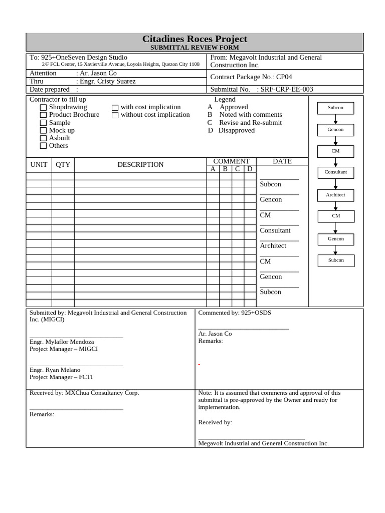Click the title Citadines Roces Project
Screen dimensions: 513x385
[195, 39]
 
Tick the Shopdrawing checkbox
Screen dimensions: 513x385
[44, 107]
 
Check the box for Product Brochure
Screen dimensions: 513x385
[44, 115]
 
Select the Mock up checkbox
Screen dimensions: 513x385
[44, 131]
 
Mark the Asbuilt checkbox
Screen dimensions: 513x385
[44, 138]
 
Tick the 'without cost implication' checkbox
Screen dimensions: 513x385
[115, 115]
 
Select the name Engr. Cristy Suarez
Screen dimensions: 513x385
[108, 81]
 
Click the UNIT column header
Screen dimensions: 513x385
[39, 165]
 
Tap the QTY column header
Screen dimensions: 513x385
[63, 165]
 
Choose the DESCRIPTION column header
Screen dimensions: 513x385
[140, 165]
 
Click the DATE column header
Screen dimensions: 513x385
[282, 161]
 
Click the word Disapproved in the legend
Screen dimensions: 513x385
[237, 130]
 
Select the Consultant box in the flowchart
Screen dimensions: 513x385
[336, 172]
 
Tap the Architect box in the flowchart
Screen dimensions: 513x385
[336, 195]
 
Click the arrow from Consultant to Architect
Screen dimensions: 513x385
[336, 184]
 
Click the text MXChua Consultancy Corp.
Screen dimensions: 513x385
[102, 393]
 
